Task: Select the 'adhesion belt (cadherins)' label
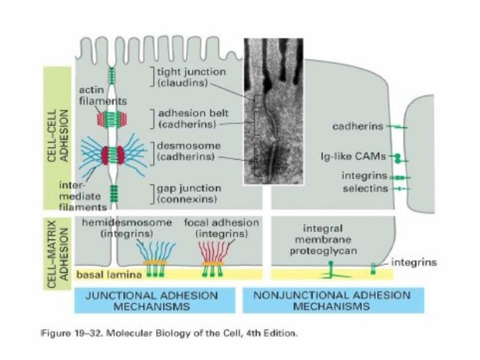pyautogui.click(x=188, y=117)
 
